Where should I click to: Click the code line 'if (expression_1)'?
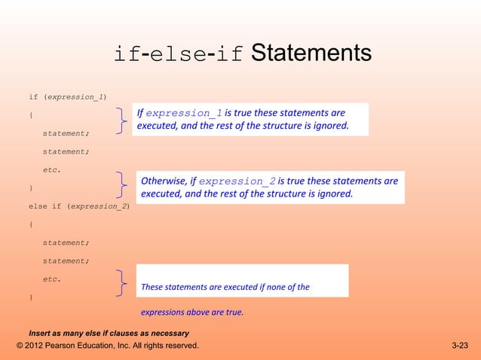pyautogui.click(x=67, y=97)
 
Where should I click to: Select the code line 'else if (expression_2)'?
pyautogui.click(x=78, y=205)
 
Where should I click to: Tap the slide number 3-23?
pyautogui.click(x=459, y=346)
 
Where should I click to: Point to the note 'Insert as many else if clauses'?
pyautogui.click(x=109, y=333)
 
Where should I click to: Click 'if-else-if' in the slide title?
pyautogui.click(x=178, y=54)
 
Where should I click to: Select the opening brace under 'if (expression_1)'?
pyautogui.click(x=31, y=115)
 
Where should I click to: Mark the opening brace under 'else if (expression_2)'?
pyautogui.click(x=31, y=224)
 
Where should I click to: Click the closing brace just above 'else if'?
pyautogui.click(x=31, y=187)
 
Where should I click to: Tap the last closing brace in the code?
pyautogui.click(x=31, y=297)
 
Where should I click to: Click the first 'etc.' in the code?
pyautogui.click(x=52, y=169)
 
